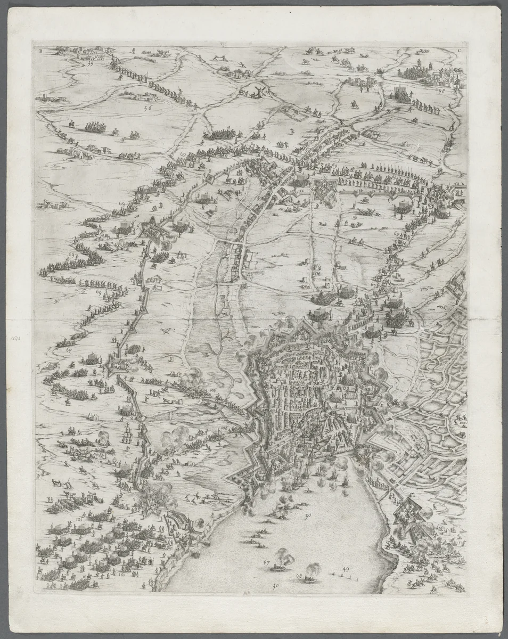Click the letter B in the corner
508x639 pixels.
(x=40, y=51)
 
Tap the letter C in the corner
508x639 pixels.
(x=458, y=51)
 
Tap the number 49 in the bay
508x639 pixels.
(x=346, y=570)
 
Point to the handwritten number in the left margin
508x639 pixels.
(x=14, y=337)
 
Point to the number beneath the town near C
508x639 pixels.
(x=440, y=91)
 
